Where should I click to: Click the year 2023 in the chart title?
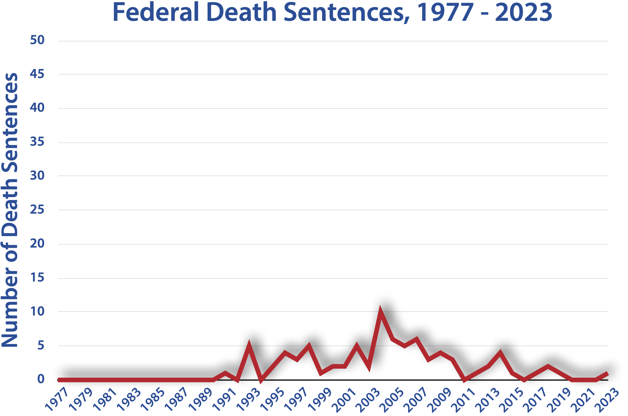pos(523,12)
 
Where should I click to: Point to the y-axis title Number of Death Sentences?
pos(10,210)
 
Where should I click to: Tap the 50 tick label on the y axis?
pos(37,40)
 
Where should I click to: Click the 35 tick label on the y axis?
pos(37,142)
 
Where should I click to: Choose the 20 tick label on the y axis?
pos(37,243)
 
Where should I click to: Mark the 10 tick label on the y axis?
pos(37,311)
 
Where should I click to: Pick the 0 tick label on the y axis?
pos(41,379)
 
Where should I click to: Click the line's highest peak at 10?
pos(380,313)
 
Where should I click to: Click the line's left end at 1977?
pos(59,380)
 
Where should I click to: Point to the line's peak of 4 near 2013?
pos(500,353)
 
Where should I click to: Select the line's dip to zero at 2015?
pos(524,380)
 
